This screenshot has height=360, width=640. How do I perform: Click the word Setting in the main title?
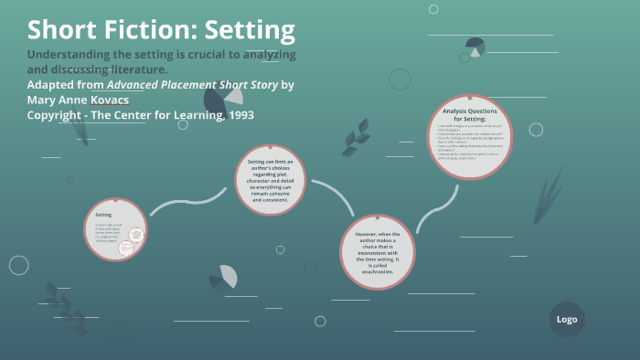point(250,30)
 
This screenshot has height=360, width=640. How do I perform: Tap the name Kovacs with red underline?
point(104,100)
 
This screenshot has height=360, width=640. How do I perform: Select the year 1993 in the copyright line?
point(236,115)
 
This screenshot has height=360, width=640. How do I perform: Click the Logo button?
point(567,320)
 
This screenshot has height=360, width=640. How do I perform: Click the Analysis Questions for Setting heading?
point(470,114)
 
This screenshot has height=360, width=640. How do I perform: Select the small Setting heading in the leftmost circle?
point(103,214)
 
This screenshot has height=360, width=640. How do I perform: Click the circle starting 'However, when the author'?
point(378,252)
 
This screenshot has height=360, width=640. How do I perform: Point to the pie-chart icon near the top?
point(475,47)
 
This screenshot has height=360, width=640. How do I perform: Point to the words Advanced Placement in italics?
point(162,85)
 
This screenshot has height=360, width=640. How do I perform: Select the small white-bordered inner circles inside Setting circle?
point(135,238)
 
